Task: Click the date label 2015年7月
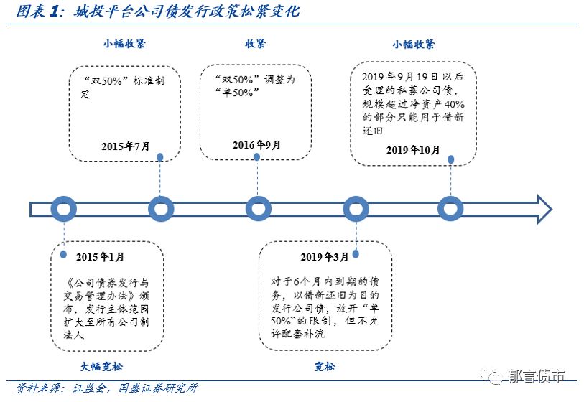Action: point(126,146)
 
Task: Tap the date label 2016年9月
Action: point(256,144)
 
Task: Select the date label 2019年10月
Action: point(412,149)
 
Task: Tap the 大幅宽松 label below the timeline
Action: point(101,366)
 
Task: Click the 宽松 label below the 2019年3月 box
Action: point(325,367)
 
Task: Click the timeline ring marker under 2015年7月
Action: point(161,209)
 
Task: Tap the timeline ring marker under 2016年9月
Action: point(258,209)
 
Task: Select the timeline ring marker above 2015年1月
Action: point(64,209)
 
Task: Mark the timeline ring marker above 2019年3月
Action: point(356,209)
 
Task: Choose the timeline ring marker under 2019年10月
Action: point(450,209)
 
